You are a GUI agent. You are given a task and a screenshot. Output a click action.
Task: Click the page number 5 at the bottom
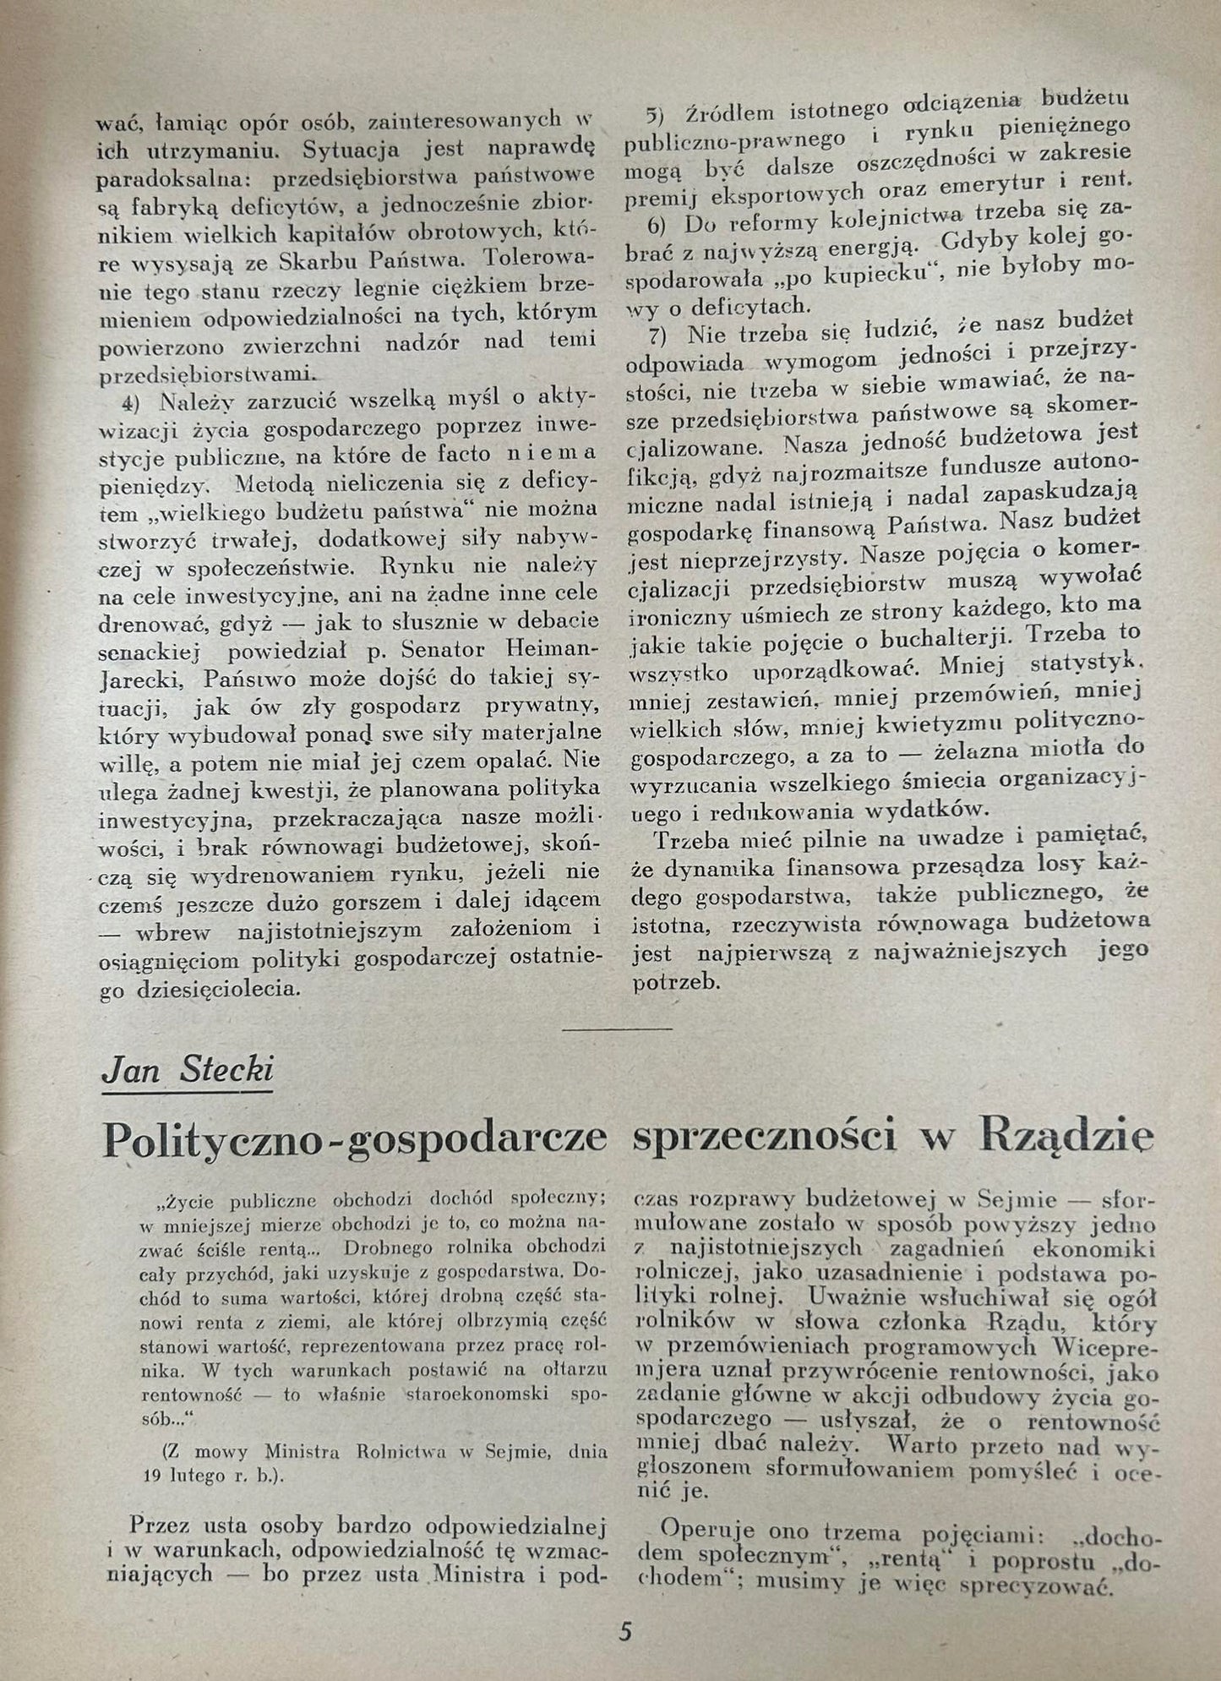point(624,1631)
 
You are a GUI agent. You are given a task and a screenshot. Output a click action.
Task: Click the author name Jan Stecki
point(187,1071)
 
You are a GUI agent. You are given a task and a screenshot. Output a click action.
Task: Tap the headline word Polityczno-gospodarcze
point(354,1140)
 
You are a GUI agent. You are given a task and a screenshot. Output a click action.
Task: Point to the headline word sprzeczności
point(765,1138)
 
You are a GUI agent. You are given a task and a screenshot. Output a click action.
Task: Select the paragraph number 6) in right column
point(657,226)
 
